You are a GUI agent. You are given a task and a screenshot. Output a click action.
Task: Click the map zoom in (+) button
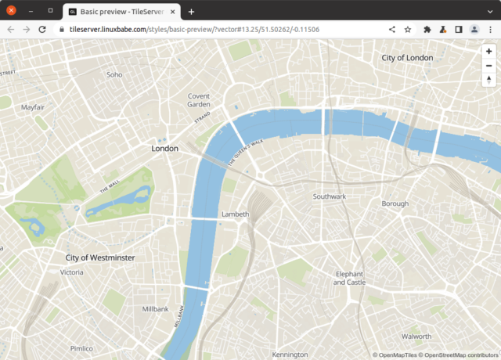(x=488, y=51)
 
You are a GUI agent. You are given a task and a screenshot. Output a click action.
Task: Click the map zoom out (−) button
(x=488, y=65)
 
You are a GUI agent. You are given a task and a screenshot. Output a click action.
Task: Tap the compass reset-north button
(x=488, y=80)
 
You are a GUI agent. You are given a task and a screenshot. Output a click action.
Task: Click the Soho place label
(x=114, y=75)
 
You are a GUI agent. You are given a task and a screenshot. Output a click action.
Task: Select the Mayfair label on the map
(x=33, y=106)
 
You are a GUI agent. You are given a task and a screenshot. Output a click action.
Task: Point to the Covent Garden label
(x=199, y=100)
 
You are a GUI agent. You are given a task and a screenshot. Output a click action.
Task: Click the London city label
(x=164, y=148)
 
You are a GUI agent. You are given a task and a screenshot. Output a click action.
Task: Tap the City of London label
(x=407, y=58)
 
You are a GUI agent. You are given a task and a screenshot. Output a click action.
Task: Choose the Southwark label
(x=329, y=196)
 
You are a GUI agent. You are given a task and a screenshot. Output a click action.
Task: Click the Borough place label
(x=395, y=203)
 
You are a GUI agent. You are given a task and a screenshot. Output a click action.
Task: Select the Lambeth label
(x=235, y=214)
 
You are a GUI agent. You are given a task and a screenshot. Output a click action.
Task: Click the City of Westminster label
(x=100, y=257)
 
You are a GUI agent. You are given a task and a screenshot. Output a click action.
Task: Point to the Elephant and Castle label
(x=349, y=278)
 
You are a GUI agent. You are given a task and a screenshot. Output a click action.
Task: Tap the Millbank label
(x=155, y=309)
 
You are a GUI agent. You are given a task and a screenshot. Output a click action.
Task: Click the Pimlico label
(x=81, y=348)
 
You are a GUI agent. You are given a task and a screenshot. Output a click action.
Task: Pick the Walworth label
(x=416, y=337)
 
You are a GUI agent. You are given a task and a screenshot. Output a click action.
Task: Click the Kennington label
(x=290, y=355)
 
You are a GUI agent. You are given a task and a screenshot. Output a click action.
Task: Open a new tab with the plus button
(x=191, y=11)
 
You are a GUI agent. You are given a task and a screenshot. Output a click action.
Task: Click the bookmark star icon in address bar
(x=408, y=29)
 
